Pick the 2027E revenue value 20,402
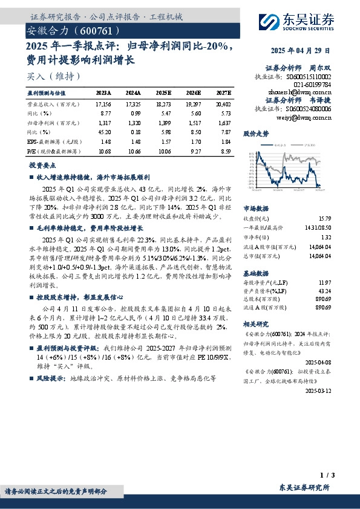point(223,105)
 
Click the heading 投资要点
point(42,165)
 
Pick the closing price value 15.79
point(342,219)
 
